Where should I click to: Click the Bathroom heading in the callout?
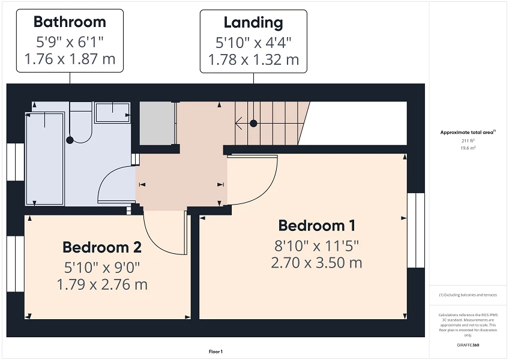point(70,22)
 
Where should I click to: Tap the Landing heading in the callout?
point(253,23)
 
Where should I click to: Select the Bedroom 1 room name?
point(316,226)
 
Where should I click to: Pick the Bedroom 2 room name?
point(102,247)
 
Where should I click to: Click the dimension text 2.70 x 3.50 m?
point(316,262)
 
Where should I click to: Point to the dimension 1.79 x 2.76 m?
point(102,284)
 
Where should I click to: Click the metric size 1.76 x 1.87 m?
point(70,59)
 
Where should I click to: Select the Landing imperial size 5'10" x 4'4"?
point(253,42)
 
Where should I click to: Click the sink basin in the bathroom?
point(112,112)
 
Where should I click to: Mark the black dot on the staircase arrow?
point(253,123)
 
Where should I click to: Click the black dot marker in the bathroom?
point(70,140)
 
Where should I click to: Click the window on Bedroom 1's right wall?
point(415,231)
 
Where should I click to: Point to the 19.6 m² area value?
point(468,147)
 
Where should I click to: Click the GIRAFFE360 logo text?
point(468,345)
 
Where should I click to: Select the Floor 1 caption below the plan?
point(215,352)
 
